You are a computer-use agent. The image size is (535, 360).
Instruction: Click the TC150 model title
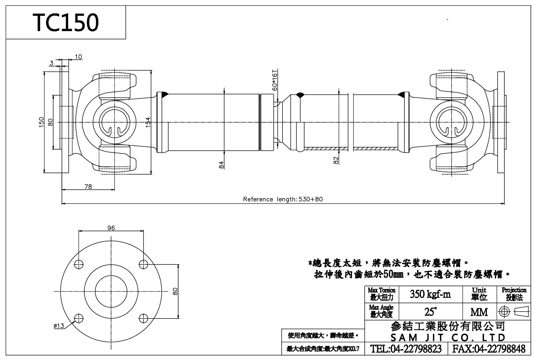(66, 23)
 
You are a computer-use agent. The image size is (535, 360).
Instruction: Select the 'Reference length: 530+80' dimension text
(283, 199)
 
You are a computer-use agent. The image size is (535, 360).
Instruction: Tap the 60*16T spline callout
(275, 80)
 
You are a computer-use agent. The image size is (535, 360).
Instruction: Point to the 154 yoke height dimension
(148, 122)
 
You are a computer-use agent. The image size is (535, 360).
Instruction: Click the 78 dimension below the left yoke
(88, 187)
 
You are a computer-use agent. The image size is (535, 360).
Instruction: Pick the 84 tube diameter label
(221, 165)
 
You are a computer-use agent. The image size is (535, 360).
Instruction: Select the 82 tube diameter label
(336, 160)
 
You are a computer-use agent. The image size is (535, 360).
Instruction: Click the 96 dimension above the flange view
(111, 228)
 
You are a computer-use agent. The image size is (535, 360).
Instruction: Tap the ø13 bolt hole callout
(59, 326)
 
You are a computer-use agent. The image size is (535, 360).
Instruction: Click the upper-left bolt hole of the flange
(79, 264)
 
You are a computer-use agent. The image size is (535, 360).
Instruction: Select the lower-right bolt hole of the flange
(143, 319)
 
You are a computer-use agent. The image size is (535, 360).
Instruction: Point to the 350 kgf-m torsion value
(430, 294)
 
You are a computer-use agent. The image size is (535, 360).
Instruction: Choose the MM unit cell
(479, 312)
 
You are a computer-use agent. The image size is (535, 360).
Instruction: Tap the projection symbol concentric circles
(505, 312)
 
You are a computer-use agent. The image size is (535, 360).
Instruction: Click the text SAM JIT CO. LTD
(448, 338)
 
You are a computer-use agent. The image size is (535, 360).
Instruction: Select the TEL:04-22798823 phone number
(407, 349)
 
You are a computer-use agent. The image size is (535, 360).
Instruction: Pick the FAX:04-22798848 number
(489, 349)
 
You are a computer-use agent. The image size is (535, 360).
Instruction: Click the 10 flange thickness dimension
(78, 57)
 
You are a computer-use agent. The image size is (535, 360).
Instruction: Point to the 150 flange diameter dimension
(41, 122)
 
